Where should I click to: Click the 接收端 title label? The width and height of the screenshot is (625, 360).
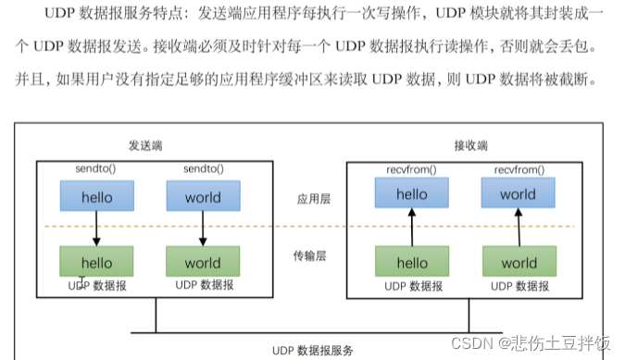click(470, 145)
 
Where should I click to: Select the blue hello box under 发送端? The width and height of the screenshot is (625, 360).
click(96, 196)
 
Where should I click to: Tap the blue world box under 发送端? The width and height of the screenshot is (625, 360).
click(202, 196)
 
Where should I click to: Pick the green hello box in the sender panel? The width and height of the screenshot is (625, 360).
click(96, 262)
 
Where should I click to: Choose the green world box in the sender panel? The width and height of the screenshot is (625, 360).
click(202, 262)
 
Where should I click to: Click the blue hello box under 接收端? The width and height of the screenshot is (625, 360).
click(412, 193)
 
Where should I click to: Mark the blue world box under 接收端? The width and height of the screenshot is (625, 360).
click(518, 193)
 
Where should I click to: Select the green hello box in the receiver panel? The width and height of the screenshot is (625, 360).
click(412, 262)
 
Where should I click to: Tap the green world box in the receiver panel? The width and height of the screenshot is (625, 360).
click(518, 262)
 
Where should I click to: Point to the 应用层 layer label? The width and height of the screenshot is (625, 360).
click(306, 198)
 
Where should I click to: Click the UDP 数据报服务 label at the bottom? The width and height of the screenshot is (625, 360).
click(312, 350)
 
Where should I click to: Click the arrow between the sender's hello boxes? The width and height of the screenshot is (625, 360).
click(96, 229)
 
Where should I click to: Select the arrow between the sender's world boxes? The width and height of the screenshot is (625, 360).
click(202, 229)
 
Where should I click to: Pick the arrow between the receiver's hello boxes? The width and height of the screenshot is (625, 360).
click(412, 228)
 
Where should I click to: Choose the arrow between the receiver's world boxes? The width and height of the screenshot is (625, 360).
click(518, 228)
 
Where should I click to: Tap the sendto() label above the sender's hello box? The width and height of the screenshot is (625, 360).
click(96, 170)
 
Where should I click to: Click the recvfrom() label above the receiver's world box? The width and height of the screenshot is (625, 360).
click(518, 170)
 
